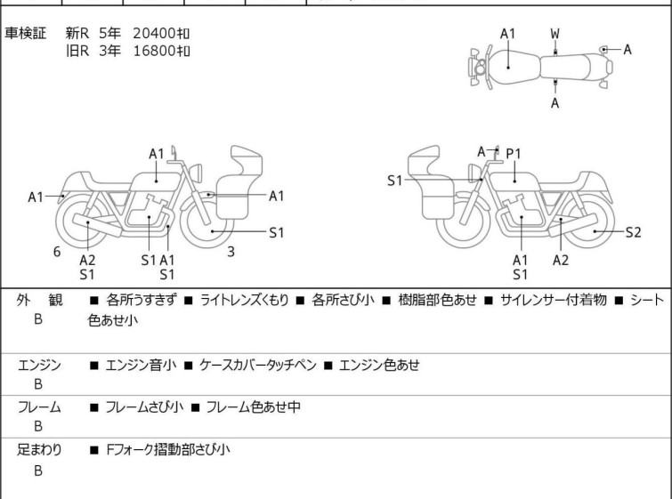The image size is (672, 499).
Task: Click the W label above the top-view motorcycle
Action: click(x=555, y=34)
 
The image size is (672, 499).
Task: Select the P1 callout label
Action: click(x=514, y=154)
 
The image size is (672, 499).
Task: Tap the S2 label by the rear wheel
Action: click(x=633, y=232)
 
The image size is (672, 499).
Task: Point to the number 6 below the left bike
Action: click(x=57, y=252)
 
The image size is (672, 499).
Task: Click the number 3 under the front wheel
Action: click(x=231, y=252)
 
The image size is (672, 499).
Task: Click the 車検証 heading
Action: click(x=32, y=34)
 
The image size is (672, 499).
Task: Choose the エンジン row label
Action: click(x=39, y=365)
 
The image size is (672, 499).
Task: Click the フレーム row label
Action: click(x=39, y=407)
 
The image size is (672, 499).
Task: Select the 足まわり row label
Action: click(x=39, y=450)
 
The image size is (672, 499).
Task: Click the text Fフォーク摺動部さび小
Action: click(x=167, y=450)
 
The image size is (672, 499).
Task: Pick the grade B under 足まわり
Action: click(x=38, y=471)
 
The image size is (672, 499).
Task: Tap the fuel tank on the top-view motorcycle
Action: click(x=506, y=62)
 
